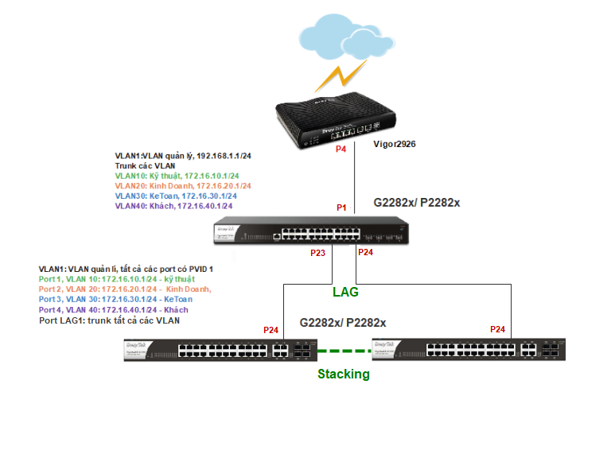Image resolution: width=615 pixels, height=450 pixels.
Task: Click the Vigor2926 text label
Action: coord(395,145)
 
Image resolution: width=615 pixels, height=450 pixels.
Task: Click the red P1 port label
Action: coord(342,208)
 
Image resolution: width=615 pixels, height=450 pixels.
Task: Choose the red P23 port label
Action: coord(318,254)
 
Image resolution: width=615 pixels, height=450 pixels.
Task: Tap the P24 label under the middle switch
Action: coord(365,252)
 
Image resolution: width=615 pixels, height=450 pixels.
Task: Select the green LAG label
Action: coord(345,293)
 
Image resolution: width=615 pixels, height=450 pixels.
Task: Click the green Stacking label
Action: coord(344,374)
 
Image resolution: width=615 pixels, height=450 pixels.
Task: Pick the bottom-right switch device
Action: coord(469,350)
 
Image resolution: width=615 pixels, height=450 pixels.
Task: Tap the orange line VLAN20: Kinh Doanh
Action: coord(183,186)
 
